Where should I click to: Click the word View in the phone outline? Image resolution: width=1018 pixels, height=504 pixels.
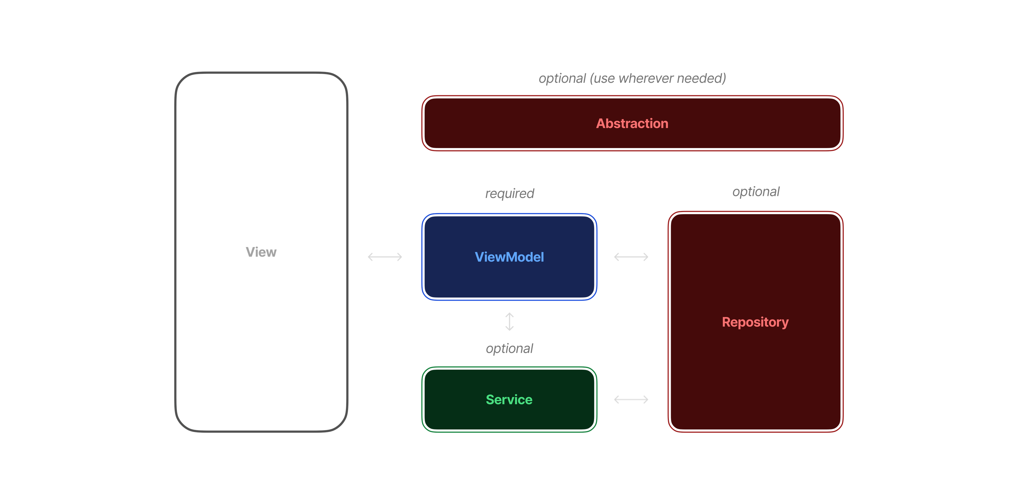(x=261, y=252)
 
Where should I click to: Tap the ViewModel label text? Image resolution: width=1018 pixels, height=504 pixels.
(x=509, y=257)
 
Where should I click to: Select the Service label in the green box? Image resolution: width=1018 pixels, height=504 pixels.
(x=509, y=399)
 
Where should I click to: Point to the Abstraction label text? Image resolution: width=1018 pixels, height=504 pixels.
(x=632, y=123)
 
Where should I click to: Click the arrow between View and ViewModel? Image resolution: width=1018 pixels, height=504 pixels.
(x=384, y=257)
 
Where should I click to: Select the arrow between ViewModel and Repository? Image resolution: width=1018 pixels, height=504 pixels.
(x=631, y=257)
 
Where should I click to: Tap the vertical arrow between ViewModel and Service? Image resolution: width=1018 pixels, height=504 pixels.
(x=509, y=322)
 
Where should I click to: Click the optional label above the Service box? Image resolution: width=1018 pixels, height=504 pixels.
(x=509, y=348)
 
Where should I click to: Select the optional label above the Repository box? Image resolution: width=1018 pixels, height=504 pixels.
(x=756, y=192)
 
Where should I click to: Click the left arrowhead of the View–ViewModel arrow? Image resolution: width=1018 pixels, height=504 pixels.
(x=370, y=257)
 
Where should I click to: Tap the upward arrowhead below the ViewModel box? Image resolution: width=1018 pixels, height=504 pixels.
(x=509, y=315)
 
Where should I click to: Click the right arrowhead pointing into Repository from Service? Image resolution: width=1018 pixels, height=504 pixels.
(x=646, y=399)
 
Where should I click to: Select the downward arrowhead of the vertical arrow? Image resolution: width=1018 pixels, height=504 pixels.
(x=509, y=329)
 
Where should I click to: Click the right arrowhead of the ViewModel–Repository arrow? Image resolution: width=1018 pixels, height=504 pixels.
(x=646, y=257)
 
